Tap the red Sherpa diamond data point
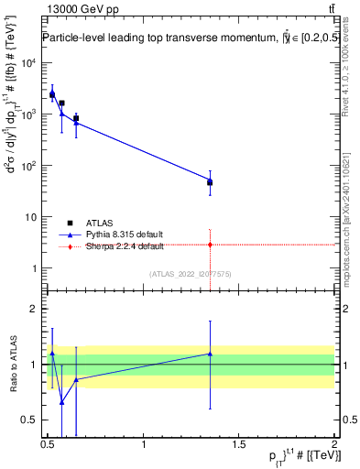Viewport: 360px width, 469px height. click(211, 245)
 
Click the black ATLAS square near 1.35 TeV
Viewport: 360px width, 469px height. click(211, 182)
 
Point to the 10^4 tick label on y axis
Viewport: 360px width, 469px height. click(28, 63)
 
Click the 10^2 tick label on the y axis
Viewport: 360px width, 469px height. click(28, 166)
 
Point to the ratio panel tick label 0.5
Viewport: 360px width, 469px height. click(32, 420)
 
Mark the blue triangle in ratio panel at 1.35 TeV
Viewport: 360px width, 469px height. click(211, 354)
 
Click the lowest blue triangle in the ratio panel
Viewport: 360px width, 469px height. click(61, 402)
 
